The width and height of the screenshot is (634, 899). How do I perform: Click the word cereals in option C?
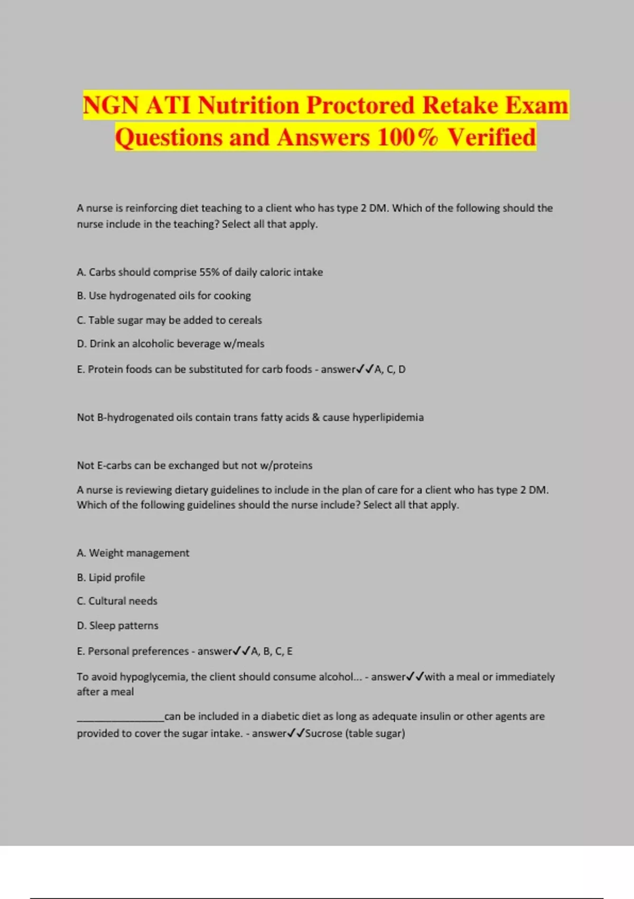pos(245,320)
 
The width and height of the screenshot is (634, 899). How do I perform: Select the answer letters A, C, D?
pos(390,369)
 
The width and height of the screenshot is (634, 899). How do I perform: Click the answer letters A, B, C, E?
pos(272,651)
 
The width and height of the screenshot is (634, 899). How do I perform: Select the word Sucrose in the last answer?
pos(323,733)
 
